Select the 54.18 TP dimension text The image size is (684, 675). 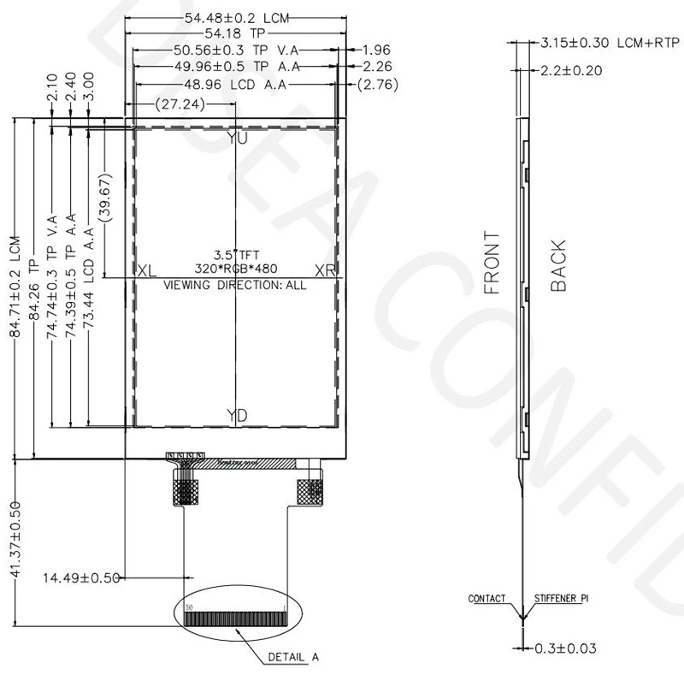tap(234, 34)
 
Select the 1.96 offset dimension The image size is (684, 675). tap(377, 50)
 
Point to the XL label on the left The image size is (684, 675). tap(147, 270)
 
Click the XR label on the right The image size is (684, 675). tap(325, 270)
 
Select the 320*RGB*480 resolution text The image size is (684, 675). tap(236, 269)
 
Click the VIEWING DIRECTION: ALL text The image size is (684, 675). tap(234, 285)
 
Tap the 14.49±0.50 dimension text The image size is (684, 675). tap(80, 577)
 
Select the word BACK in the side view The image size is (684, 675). tap(558, 266)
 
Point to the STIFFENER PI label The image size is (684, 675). tap(562, 599)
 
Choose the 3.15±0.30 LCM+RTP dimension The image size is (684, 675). tap(602, 42)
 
